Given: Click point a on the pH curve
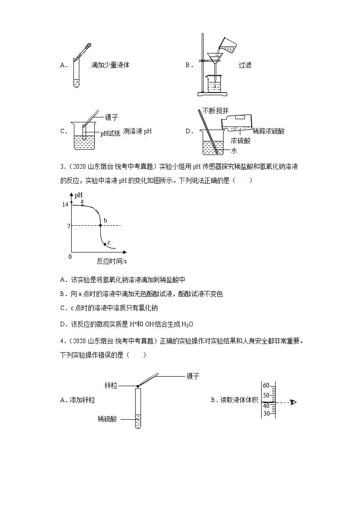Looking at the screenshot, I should [x=82, y=205].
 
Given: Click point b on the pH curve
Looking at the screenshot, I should [x=100, y=225].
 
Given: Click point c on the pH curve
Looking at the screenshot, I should [x=105, y=244].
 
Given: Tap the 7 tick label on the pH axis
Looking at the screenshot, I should [x=68, y=226].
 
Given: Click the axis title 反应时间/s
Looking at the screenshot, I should [x=112, y=261].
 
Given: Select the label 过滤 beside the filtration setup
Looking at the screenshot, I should [x=245, y=65].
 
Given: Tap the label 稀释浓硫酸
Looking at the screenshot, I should [x=269, y=131].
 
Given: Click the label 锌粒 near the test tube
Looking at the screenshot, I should [x=111, y=386].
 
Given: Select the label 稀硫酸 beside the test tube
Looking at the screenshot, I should [x=107, y=419].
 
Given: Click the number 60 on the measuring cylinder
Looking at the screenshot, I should [x=266, y=386].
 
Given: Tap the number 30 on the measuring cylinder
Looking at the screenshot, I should [x=266, y=413].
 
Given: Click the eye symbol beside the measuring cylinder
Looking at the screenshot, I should [x=293, y=402].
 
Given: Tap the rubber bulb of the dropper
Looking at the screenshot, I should [x=88, y=45].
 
